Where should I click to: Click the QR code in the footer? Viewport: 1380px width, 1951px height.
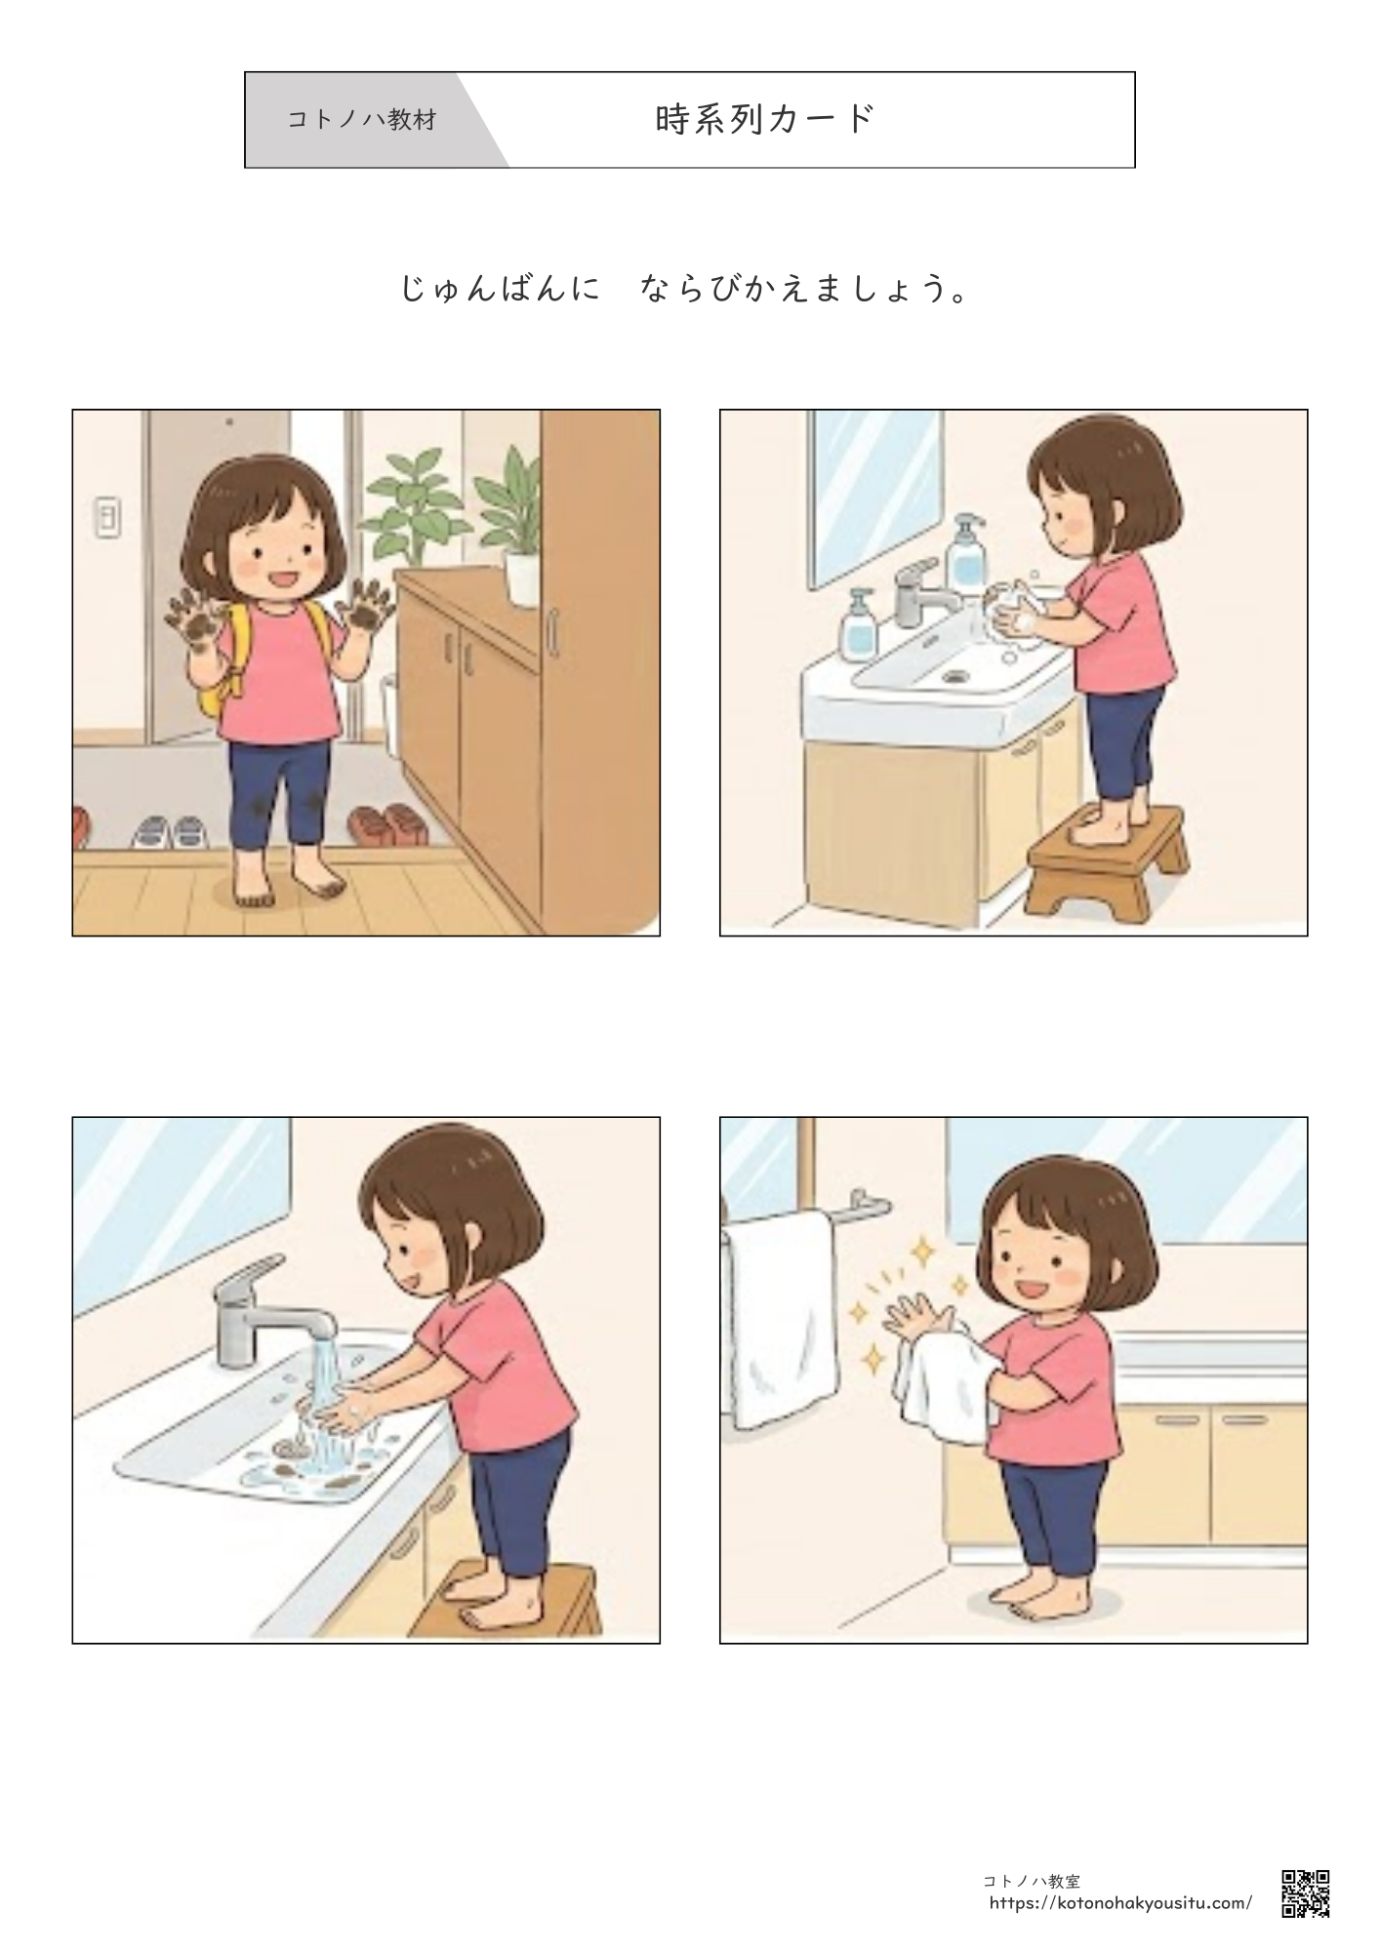point(1305,1893)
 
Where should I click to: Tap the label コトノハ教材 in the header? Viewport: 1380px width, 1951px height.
point(362,120)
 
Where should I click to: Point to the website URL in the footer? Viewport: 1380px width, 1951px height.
point(1120,1903)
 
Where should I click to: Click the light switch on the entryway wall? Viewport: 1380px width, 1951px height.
point(107,518)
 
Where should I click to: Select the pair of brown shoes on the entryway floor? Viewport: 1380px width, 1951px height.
point(382,824)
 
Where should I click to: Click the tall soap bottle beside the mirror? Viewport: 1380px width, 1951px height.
point(966,556)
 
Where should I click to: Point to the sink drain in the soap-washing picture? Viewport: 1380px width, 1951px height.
point(953,674)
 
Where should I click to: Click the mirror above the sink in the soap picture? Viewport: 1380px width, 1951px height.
point(875,498)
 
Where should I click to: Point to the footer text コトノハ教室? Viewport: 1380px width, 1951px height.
point(1032,1881)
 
